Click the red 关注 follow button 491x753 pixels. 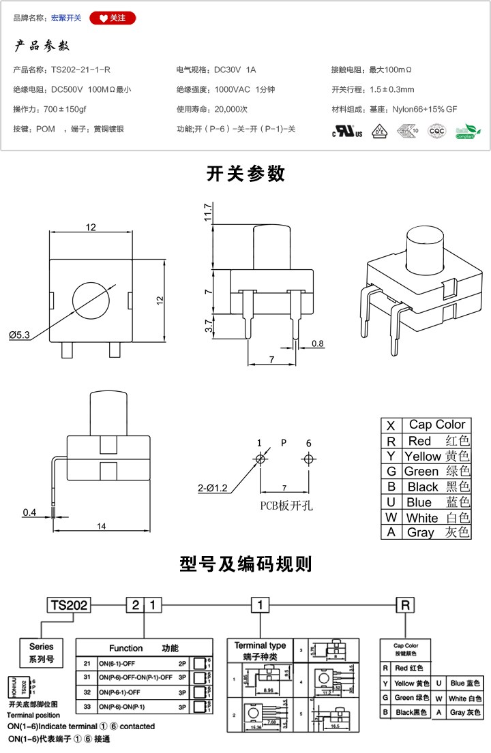click(x=113, y=18)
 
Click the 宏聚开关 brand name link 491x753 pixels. click(x=66, y=18)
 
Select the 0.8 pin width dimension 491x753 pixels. click(x=318, y=343)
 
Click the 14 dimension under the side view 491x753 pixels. click(x=101, y=526)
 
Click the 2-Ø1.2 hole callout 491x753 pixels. click(x=213, y=487)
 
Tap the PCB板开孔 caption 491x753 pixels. click(x=284, y=506)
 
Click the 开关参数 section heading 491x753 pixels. click(x=245, y=174)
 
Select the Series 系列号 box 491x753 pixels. click(x=41, y=652)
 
